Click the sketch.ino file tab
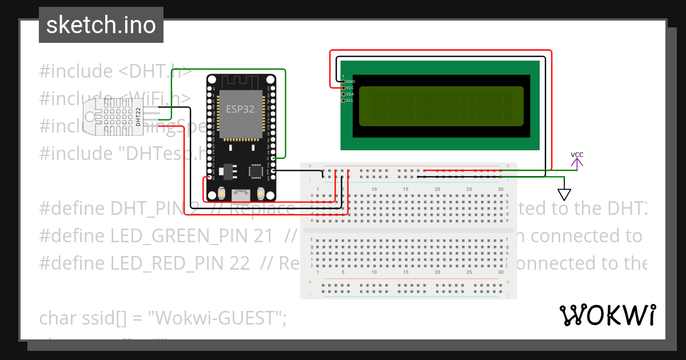[101, 25]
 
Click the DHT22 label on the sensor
[138, 117]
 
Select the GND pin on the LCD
[344, 82]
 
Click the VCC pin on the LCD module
[344, 88]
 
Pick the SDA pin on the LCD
[344, 94]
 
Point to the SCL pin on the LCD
[344, 101]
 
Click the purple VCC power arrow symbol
[577, 162]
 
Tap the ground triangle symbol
[565, 194]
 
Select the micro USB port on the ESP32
[241, 194]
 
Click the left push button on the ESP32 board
[221, 192]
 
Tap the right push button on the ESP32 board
[261, 192]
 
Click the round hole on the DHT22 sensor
[91, 117]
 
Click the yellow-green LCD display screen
[441, 106]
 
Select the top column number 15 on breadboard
[405, 189]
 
